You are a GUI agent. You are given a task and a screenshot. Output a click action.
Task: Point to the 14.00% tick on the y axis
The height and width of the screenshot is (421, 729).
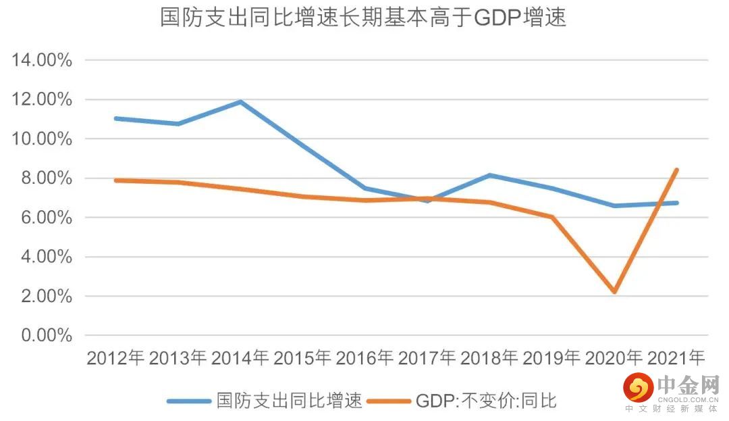pos(42,60)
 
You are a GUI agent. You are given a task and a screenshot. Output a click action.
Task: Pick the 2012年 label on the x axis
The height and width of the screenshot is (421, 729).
pos(115,358)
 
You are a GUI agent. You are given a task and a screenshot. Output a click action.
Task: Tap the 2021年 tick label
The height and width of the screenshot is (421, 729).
pos(676,358)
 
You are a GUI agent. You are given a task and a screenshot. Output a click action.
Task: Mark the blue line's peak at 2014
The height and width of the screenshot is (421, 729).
pos(240,102)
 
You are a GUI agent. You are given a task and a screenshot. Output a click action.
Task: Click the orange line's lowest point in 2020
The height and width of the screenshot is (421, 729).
pos(614,292)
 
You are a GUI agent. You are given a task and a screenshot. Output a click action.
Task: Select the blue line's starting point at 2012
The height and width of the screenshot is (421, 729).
pos(115,118)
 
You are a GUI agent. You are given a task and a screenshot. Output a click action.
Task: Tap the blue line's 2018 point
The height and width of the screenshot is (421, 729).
pos(489,175)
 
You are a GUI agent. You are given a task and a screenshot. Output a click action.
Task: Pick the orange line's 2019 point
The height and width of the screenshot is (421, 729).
pos(552,217)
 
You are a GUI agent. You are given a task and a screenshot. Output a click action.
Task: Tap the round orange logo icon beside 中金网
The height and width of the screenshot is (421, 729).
pos(637,388)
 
